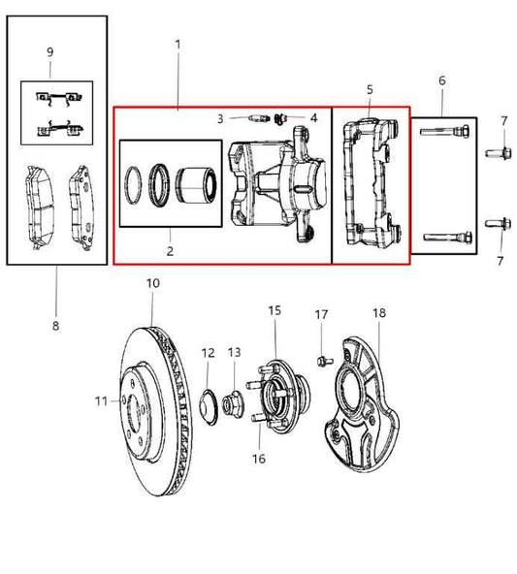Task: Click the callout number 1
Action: (178, 44)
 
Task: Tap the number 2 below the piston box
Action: (169, 251)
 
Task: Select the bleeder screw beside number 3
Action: (258, 118)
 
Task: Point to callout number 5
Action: (370, 89)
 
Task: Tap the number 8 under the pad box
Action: (55, 325)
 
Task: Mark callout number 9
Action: (49, 50)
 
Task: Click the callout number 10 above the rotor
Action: (152, 283)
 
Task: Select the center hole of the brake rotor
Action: (146, 400)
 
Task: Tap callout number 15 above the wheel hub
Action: (275, 310)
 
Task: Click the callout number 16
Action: (259, 458)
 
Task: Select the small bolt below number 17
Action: (321, 361)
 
